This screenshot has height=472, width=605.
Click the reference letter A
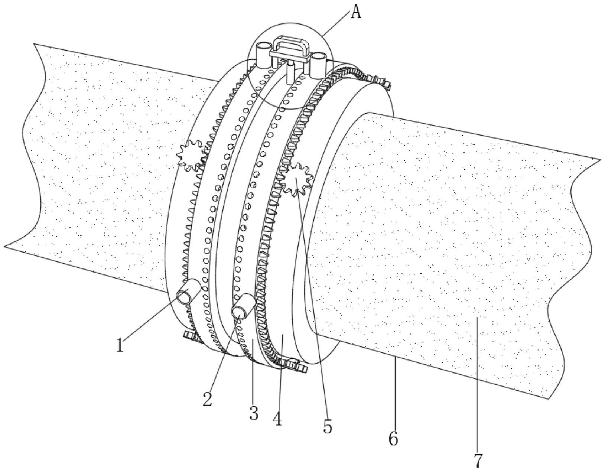pyautogui.click(x=356, y=12)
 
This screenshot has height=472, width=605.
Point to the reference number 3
pyautogui.click(x=254, y=413)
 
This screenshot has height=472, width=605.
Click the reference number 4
pyautogui.click(x=277, y=419)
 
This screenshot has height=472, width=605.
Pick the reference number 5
pyautogui.click(x=327, y=427)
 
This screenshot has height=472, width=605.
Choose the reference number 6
pyautogui.click(x=393, y=439)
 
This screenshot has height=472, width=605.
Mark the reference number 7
pyautogui.click(x=478, y=460)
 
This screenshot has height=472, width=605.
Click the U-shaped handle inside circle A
pyautogui.click(x=290, y=44)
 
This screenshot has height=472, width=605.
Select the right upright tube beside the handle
pyautogui.click(x=318, y=65)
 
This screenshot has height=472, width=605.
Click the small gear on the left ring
pyautogui.click(x=191, y=155)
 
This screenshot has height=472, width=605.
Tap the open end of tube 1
pyautogui.click(x=184, y=297)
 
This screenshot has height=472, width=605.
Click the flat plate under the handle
pyautogui.click(x=290, y=57)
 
